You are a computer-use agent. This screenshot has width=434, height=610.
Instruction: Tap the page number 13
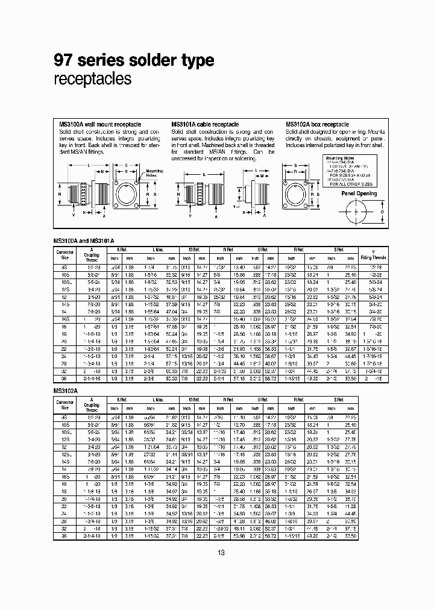pyautogui.click(x=221, y=553)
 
